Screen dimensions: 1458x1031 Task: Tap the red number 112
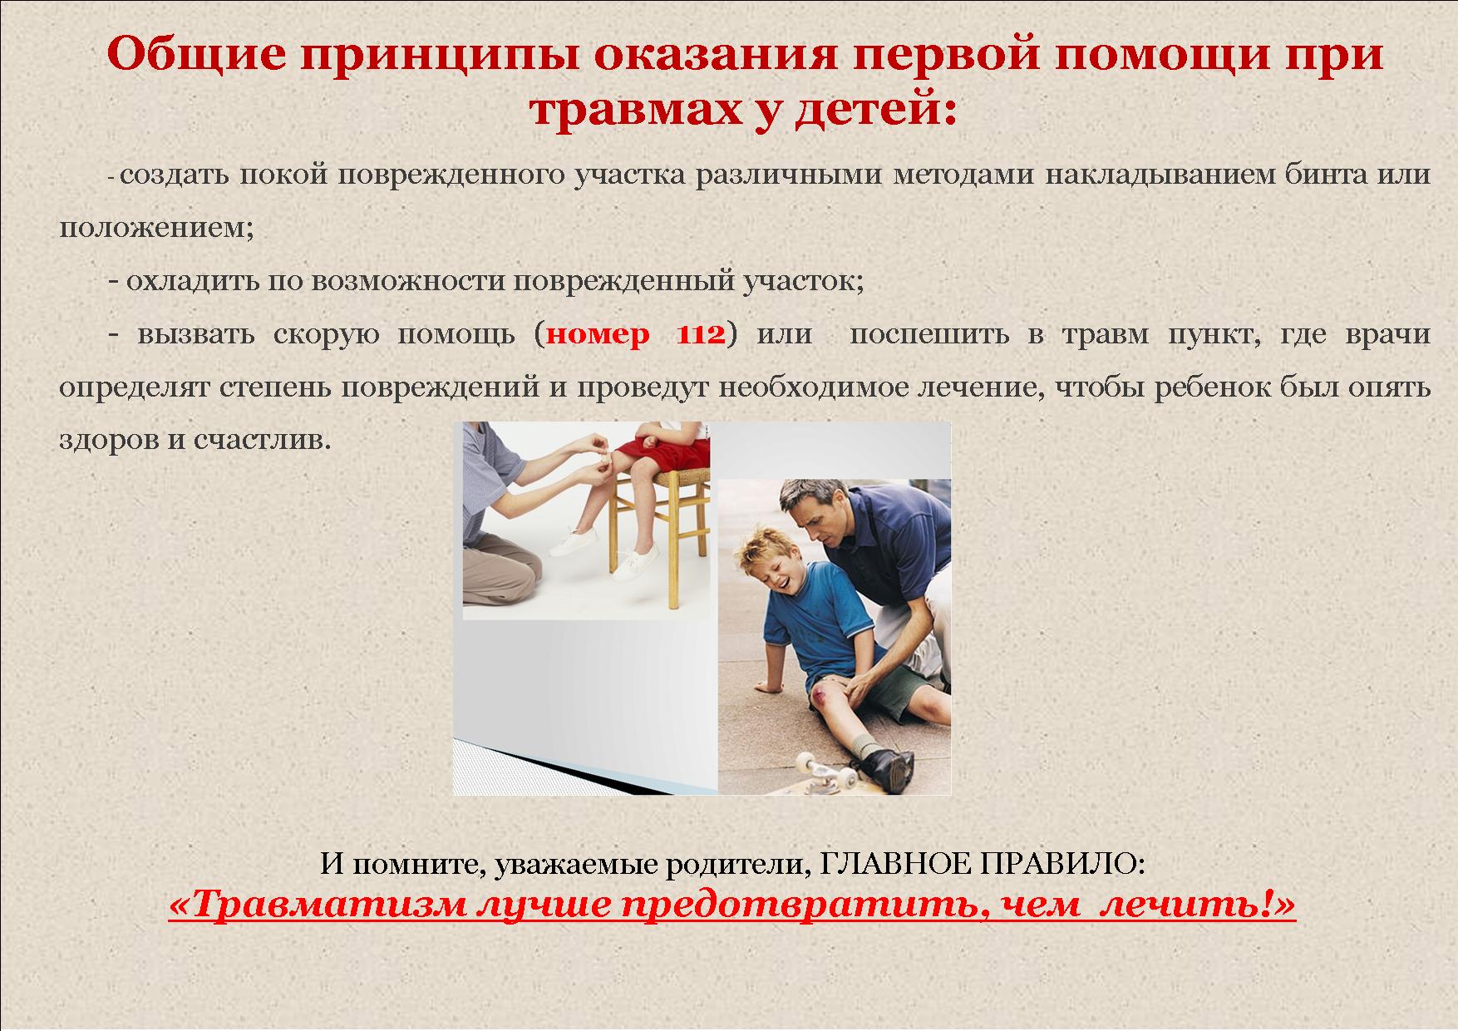point(702,334)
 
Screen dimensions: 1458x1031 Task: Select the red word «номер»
point(599,335)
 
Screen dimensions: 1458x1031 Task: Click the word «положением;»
point(156,228)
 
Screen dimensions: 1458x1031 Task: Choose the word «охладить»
point(192,281)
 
